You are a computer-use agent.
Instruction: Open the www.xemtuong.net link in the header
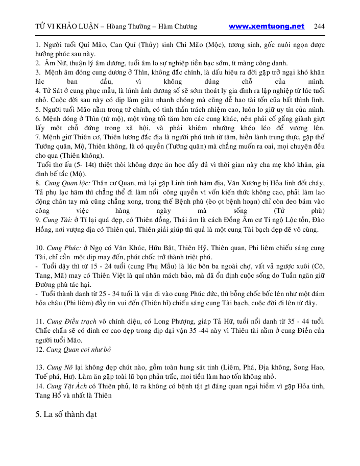(267, 27)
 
